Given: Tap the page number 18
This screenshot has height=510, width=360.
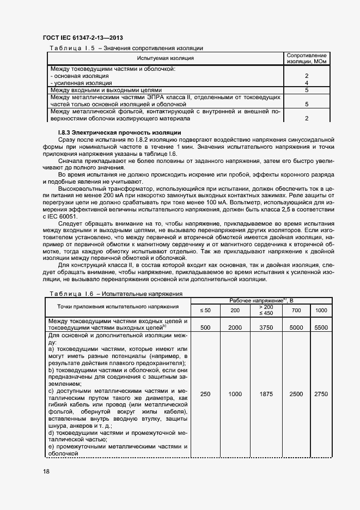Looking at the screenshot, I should tap(46, 471).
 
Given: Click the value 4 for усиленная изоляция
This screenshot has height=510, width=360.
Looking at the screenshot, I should tap(307, 83).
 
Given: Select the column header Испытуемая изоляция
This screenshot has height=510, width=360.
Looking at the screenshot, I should tap(166, 58).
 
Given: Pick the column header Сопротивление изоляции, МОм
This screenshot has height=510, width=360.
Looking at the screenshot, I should tap(307, 58).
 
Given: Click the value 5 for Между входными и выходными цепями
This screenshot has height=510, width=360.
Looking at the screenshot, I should tap(307, 90).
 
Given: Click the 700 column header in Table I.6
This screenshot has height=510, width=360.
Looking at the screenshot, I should tap(296, 310).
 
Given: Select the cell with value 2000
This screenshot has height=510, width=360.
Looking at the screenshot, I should tap(235, 327).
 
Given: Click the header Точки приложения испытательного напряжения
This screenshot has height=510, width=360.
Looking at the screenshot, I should tap(118, 307).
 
